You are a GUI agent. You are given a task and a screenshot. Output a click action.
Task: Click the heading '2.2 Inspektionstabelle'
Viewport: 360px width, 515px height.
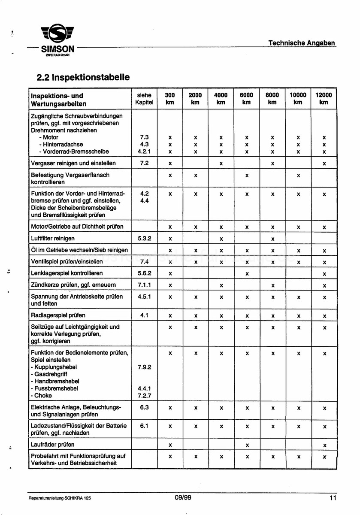pyautogui.click(x=83, y=77)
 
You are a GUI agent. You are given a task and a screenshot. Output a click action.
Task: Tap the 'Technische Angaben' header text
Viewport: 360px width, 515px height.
pyautogui.click(x=302, y=43)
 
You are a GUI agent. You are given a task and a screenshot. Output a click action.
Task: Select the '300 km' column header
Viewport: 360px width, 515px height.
pyautogui.click(x=170, y=99)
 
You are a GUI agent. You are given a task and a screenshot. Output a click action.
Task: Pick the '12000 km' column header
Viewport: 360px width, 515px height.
pyautogui.click(x=324, y=99)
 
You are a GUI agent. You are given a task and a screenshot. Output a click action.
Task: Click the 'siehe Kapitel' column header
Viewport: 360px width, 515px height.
pyautogui.click(x=144, y=99)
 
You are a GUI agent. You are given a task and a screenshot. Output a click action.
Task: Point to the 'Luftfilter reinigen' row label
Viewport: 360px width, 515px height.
pyautogui.click(x=53, y=238)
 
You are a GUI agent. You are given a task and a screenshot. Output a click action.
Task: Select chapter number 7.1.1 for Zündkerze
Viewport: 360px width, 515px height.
pyautogui.click(x=144, y=285)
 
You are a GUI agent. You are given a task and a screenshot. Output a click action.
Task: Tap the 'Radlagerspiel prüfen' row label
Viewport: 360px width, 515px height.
pyautogui.click(x=58, y=315)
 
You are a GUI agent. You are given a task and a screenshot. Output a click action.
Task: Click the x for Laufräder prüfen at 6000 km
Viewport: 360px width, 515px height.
pyautogui.click(x=247, y=445)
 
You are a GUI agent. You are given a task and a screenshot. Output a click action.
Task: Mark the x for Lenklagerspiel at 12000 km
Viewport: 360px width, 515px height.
pyautogui.click(x=324, y=273)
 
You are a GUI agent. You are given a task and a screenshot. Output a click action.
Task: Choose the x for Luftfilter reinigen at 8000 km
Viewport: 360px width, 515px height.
pyautogui.click(x=272, y=239)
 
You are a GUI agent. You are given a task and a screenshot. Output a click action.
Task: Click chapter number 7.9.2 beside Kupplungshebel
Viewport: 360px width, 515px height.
pyautogui.click(x=144, y=367)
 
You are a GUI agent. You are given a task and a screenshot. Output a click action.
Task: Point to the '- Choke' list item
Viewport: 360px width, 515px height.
pyautogui.click(x=42, y=396)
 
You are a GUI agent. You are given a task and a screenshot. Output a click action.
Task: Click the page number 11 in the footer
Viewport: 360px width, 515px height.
pyautogui.click(x=333, y=498)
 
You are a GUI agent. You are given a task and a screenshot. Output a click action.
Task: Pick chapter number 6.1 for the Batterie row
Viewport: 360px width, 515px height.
pyautogui.click(x=144, y=426)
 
